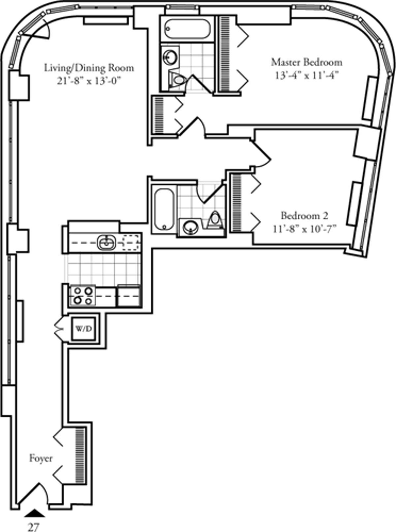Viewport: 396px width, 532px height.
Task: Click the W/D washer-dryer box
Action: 84,329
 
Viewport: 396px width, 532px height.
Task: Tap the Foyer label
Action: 41,458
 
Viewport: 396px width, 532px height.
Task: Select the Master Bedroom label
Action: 307,62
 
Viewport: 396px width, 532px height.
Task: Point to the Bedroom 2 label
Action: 304,216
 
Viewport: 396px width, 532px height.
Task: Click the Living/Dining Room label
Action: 89,68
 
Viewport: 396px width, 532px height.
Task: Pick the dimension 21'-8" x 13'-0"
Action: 88,81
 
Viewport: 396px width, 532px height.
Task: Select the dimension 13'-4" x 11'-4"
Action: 307,75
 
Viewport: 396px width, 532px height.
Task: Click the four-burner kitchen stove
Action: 83,296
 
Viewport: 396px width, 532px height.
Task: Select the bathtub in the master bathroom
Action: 187,29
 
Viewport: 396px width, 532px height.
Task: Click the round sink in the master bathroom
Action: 170,57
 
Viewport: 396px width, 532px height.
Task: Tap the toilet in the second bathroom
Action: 215,220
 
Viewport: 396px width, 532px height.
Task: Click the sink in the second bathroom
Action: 190,227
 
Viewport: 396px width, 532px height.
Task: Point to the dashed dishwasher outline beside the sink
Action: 131,243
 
